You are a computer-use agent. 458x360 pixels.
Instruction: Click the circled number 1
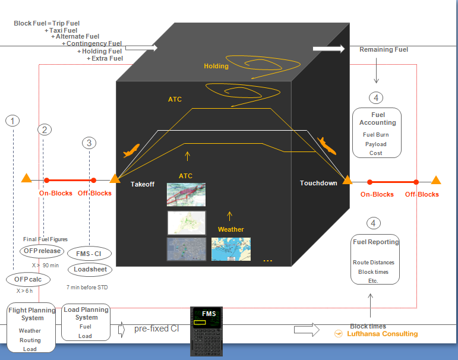tap(12, 121)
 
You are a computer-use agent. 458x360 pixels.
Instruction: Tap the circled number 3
tap(89, 143)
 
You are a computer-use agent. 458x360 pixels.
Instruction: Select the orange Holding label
tap(216, 66)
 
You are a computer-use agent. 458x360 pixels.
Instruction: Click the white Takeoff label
tap(143, 184)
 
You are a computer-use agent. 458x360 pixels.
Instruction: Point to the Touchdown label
tap(318, 183)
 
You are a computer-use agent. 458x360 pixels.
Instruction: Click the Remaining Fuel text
tap(384, 50)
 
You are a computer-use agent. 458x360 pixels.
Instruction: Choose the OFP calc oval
tap(29, 279)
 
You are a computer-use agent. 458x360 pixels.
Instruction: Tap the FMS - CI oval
tap(89, 254)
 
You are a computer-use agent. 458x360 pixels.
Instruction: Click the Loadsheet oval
tap(89, 269)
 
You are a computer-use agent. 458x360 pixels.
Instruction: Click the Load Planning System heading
tap(86, 313)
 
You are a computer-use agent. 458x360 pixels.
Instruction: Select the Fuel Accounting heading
tap(377, 118)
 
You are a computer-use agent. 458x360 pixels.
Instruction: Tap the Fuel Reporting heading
tap(375, 242)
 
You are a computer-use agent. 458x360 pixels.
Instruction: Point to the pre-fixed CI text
tap(156, 329)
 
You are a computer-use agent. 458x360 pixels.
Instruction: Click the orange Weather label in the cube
tap(230, 229)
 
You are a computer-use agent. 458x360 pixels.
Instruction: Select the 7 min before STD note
tap(87, 287)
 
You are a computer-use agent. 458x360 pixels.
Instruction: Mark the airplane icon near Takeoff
tap(131, 151)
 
